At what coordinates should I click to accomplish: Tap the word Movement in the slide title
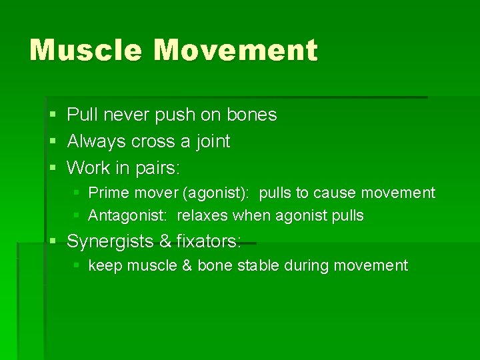236,51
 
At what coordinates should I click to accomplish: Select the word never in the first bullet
125,115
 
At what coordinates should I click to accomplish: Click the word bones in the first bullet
251,115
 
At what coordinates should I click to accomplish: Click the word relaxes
203,215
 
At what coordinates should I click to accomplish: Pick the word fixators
209,241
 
